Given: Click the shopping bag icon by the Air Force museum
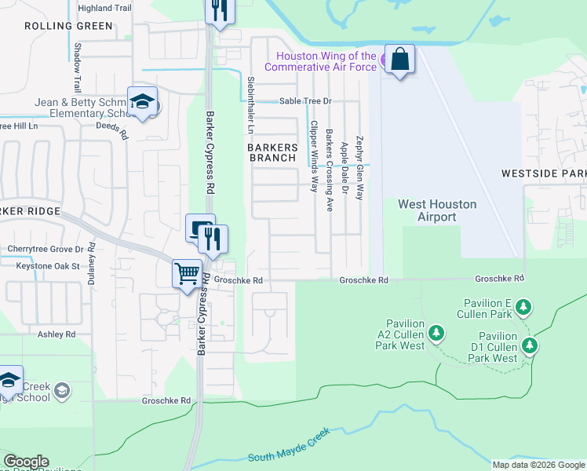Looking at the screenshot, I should tap(399, 60).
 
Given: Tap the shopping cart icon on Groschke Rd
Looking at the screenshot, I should tap(188, 274).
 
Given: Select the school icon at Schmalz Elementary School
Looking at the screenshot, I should tap(143, 102).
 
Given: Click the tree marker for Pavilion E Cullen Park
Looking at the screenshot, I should tap(523, 309).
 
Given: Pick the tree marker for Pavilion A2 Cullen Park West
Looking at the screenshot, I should tap(437, 334).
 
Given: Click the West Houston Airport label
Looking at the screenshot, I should tap(437, 210).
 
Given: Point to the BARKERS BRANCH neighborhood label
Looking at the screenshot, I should tap(273, 152).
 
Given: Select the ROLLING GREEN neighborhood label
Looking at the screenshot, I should tap(68, 26).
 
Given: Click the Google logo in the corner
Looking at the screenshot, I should tap(26, 462).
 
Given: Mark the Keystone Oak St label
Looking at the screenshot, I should tap(49, 266).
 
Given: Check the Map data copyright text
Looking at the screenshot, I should tap(538, 465).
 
